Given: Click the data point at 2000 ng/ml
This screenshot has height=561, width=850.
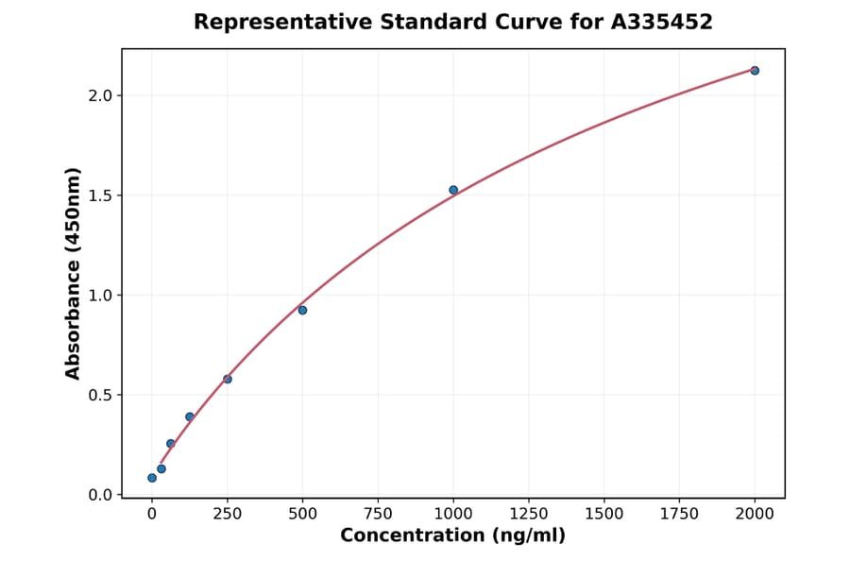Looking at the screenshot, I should (x=755, y=71).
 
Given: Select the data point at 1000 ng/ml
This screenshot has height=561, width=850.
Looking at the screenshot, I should (x=453, y=190).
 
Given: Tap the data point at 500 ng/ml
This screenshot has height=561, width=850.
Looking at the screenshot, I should (x=302, y=310).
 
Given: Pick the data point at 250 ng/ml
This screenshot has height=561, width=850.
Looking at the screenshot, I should (x=228, y=379).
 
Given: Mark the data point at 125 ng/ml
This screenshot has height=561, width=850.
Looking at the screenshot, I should (x=190, y=416).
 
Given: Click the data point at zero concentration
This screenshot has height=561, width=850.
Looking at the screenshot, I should (x=152, y=478).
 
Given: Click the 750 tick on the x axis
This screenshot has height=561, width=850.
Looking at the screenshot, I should (x=378, y=514).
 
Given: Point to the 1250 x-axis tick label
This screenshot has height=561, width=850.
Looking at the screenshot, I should (x=529, y=514).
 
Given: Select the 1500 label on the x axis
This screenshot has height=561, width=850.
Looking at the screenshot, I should (x=604, y=514).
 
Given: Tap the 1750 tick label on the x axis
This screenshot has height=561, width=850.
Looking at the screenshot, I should (x=679, y=514).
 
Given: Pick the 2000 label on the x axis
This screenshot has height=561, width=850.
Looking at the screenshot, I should (x=755, y=514).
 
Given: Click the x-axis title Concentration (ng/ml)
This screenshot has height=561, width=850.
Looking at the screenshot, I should (x=452, y=536).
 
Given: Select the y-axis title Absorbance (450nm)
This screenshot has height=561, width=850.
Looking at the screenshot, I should (x=74, y=273).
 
